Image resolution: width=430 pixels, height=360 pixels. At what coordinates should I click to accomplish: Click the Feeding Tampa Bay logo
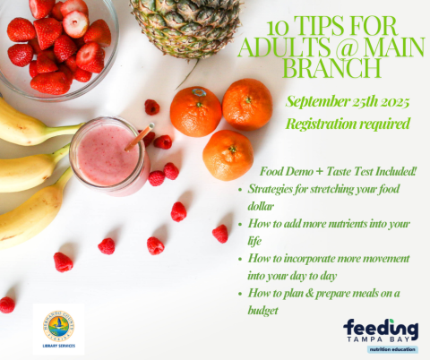point(380,337)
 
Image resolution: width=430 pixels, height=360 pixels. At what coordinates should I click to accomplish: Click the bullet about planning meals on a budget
point(323,302)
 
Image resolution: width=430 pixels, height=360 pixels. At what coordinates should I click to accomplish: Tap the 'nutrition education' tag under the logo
point(380,351)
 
